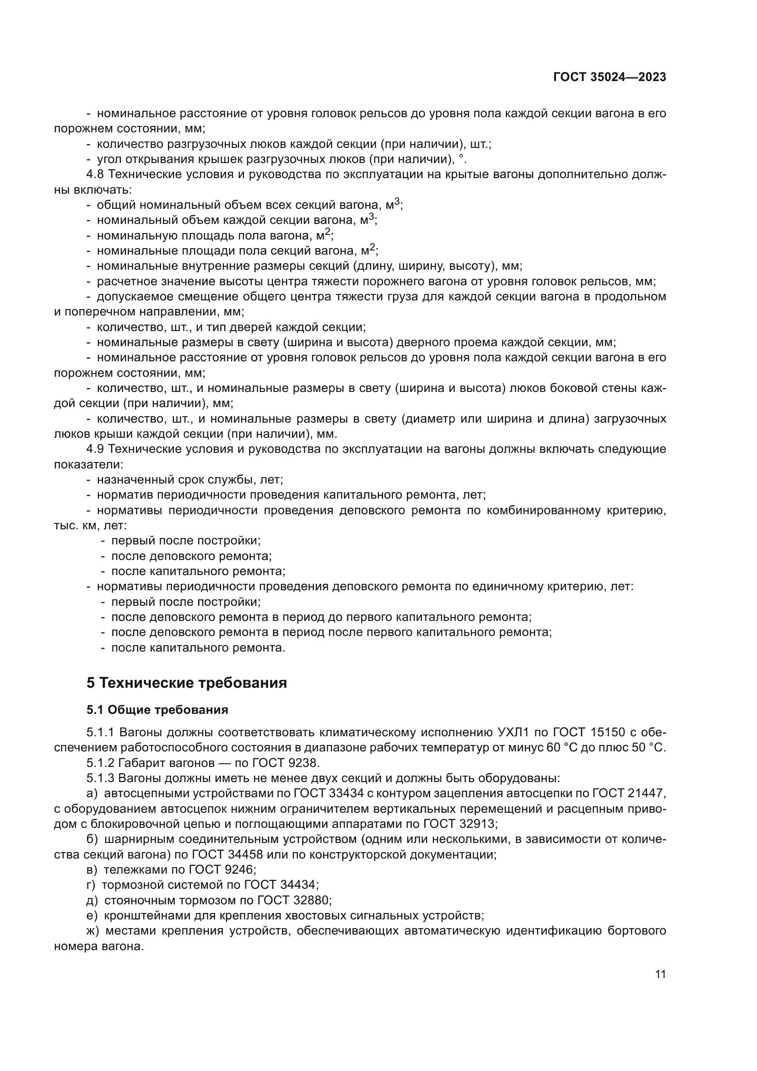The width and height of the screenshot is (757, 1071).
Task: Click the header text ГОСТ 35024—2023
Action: click(x=609, y=77)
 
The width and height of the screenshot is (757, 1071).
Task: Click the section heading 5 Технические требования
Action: click(x=186, y=683)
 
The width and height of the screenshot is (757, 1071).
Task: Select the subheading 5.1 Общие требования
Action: click(x=157, y=710)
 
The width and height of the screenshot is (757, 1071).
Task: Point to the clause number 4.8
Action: click(x=96, y=174)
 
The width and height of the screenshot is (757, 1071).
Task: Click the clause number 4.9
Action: click(x=96, y=449)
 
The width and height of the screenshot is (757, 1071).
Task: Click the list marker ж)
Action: click(x=93, y=930)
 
